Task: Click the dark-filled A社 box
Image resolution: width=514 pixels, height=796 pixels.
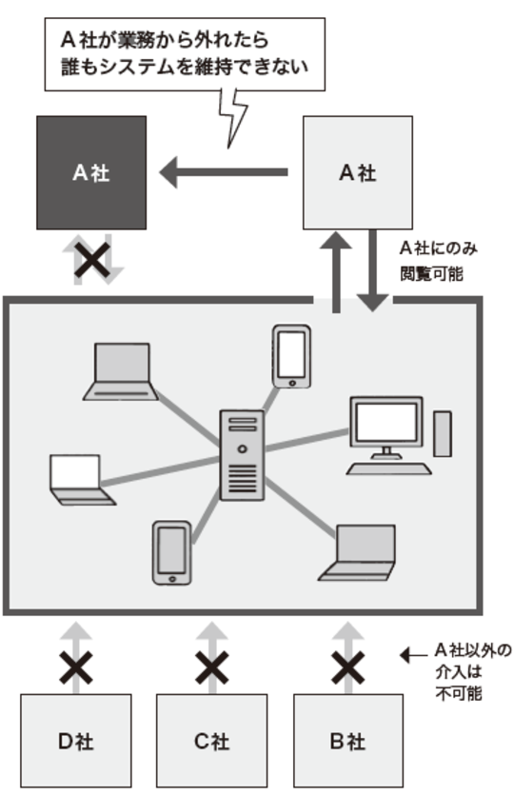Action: click(90, 172)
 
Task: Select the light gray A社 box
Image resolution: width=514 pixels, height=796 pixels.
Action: click(357, 172)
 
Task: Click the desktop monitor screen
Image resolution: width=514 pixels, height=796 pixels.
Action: click(386, 421)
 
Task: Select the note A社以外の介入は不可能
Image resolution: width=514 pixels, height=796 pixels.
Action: click(463, 671)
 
